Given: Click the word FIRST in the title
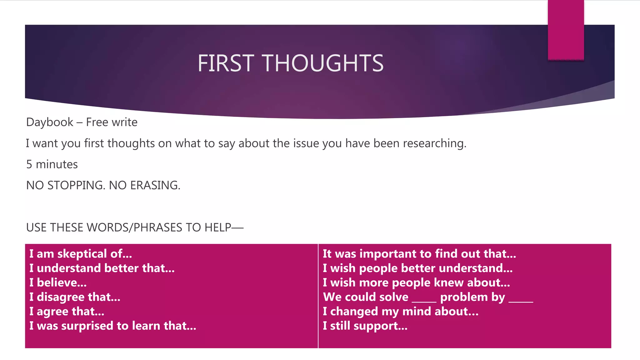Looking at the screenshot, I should point(226,63).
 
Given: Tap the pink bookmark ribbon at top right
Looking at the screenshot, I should point(566,30).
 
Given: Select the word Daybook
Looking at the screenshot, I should point(50,122).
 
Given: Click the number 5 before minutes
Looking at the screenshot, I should point(29,164).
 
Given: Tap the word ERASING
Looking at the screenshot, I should point(155,186).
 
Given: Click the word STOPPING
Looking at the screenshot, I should point(76,186).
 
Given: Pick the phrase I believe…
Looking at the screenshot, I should point(58,283).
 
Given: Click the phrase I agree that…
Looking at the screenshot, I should point(67,312).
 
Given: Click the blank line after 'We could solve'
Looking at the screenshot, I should point(424,301).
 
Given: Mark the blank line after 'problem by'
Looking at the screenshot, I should point(521,301).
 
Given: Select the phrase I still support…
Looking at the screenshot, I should point(365,326).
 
